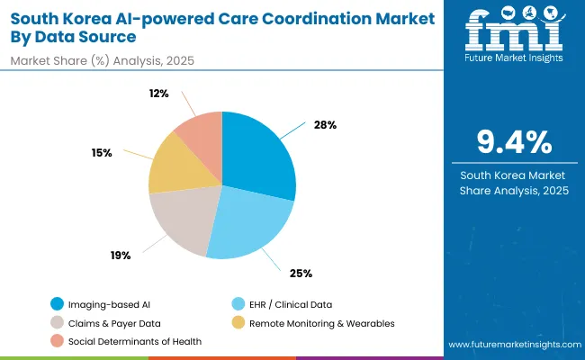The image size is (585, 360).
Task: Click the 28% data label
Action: tap(326, 124)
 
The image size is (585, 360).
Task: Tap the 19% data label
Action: tap(121, 256)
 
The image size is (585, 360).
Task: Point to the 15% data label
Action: tap(102, 153)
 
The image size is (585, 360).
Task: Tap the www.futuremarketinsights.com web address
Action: tap(511, 345)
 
